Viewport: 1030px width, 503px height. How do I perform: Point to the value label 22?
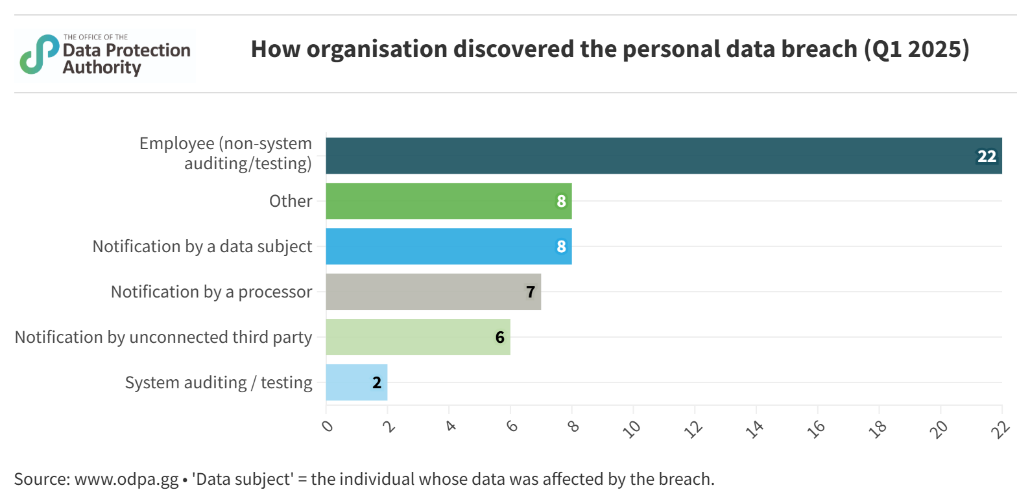pos(987,156)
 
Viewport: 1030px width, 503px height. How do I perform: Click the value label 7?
pos(531,292)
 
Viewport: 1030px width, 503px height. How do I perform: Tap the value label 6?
pos(499,338)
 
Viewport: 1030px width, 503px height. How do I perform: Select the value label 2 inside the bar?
pos(377,383)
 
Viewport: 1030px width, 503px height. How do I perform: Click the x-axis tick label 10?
pos(631,428)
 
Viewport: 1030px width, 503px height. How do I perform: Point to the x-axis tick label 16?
pos(816,428)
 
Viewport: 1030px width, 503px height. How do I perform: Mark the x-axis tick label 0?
pos(328,426)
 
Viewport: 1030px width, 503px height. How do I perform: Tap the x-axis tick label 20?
pos(939,428)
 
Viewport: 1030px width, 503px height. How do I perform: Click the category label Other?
pos(291,201)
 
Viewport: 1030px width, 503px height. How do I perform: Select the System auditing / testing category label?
pos(219,383)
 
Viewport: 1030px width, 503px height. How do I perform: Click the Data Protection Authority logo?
pos(105,56)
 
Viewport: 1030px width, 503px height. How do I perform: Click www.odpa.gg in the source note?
pos(126,479)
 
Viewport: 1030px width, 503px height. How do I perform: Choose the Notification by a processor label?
pos(211,292)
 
